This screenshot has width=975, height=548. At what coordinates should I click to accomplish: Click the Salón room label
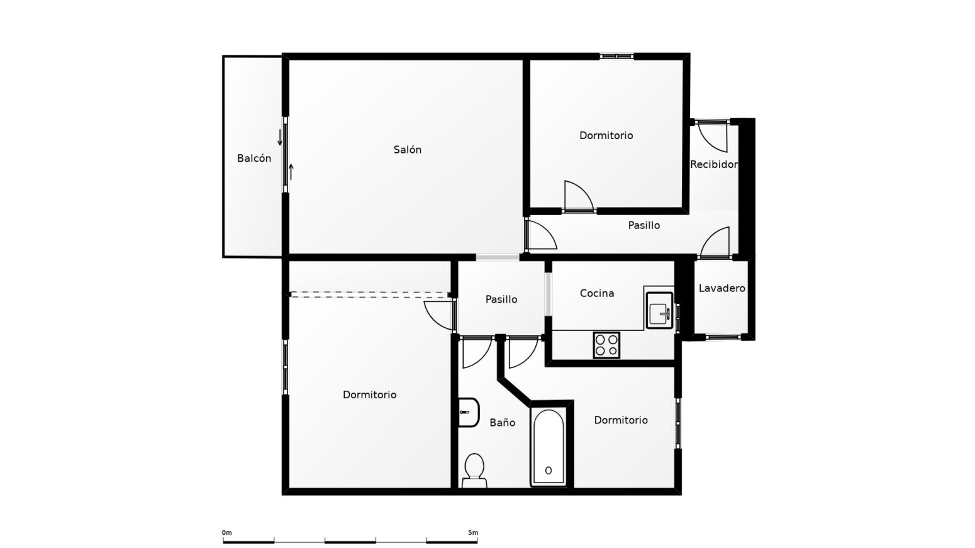point(408,150)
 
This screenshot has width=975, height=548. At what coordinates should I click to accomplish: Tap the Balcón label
point(254,159)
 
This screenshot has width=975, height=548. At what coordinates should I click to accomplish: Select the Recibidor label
point(714,165)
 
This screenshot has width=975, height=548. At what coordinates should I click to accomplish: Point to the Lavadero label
point(721,288)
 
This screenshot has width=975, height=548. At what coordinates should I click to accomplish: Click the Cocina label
point(597,293)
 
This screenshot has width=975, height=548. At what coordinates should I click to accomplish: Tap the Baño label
point(503,423)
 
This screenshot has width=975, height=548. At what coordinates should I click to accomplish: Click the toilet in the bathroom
point(474,471)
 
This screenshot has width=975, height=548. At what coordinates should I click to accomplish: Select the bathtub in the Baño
point(549,447)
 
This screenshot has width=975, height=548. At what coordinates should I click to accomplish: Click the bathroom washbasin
point(469,412)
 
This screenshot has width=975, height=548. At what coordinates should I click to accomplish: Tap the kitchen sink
point(659,311)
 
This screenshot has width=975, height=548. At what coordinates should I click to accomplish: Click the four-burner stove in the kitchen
point(606,345)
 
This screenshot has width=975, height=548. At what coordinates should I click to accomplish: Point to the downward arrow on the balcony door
point(280,137)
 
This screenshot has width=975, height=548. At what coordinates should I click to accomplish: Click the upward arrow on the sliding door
point(291,172)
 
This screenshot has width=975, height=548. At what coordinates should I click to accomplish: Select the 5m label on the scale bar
point(472,533)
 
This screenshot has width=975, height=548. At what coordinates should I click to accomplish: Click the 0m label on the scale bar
point(227,533)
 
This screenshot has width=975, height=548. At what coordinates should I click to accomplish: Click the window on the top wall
point(617,56)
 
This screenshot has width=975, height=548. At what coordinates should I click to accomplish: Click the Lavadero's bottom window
point(723,337)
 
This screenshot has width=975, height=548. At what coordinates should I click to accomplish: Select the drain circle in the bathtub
point(549,471)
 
